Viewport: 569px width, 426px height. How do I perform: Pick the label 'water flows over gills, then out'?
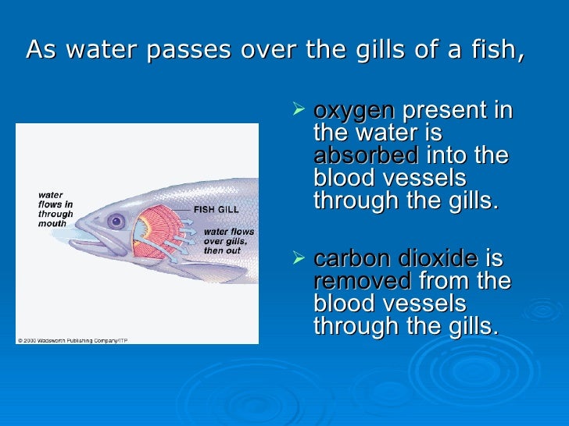pos(228,241)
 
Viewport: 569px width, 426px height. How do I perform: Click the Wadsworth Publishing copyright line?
pos(73,339)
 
